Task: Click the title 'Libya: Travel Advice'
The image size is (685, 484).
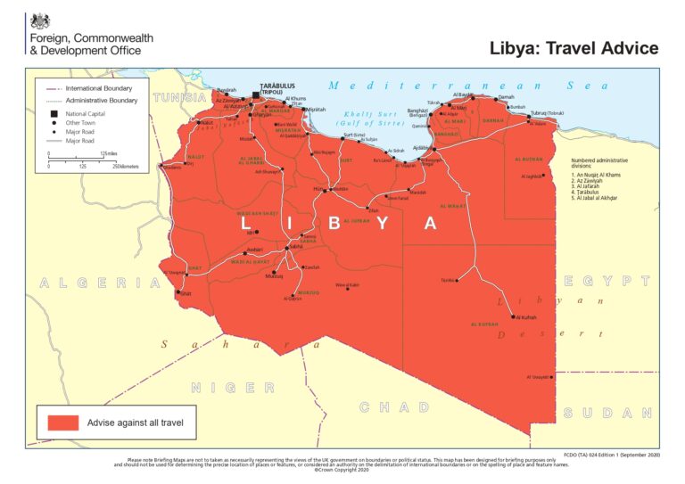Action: tap(574, 48)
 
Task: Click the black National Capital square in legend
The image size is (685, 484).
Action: tap(53, 115)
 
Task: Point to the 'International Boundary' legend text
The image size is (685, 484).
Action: tap(99, 88)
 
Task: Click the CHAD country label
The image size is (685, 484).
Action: tap(394, 407)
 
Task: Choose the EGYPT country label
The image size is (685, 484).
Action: tap(606, 281)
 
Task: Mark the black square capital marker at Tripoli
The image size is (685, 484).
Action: tap(255, 94)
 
